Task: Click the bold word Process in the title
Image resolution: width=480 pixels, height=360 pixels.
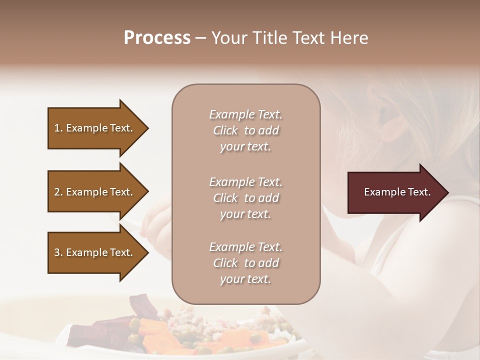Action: [x=157, y=38]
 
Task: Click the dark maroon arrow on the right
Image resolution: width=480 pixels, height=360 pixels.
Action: [x=395, y=192]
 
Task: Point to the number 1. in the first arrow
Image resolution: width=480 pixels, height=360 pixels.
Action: [x=58, y=128]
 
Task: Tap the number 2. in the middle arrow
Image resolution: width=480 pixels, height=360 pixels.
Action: [x=58, y=192]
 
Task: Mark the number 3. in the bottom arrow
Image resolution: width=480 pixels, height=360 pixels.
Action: [x=58, y=252]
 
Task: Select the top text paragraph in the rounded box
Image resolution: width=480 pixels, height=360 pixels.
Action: [x=245, y=130]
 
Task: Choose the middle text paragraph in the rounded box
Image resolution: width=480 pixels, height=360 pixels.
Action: [x=245, y=198]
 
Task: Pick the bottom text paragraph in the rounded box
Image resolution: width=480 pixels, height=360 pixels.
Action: [x=245, y=263]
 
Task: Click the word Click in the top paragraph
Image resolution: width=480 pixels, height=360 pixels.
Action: [x=225, y=130]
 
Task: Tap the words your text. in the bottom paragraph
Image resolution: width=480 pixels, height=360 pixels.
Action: [x=245, y=279]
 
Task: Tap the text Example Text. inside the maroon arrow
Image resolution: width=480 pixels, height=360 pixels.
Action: [x=397, y=192]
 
